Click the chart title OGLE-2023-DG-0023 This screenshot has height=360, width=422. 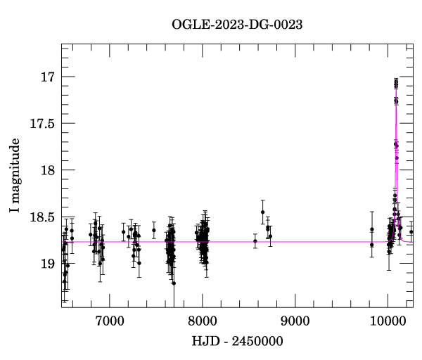(237, 25)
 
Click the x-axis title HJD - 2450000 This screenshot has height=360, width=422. (237, 341)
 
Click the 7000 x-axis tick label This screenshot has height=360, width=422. (109, 321)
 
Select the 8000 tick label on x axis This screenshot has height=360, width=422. (202, 321)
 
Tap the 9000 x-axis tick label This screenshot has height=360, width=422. (295, 321)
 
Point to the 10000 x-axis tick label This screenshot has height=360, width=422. (388, 321)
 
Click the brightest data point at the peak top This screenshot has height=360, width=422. (396, 82)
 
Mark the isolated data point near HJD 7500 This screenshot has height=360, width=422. (154, 230)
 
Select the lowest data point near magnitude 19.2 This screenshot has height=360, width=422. (174, 283)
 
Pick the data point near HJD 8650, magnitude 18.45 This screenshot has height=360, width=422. (262, 212)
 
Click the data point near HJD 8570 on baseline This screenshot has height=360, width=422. (255, 241)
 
